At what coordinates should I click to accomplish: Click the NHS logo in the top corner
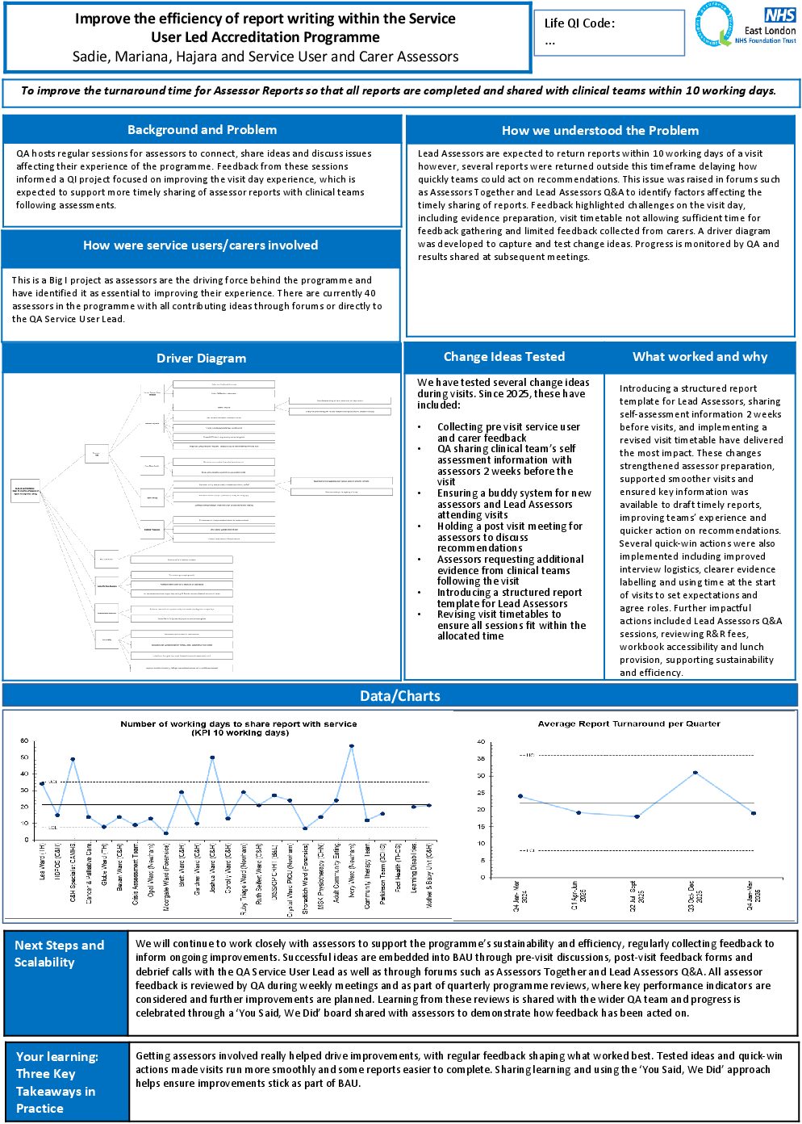(779, 15)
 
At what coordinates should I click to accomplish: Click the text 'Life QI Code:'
(579, 23)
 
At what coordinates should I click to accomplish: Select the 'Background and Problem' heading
(202, 130)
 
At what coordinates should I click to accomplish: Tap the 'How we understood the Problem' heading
(600, 131)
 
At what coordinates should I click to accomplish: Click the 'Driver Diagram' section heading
(201, 359)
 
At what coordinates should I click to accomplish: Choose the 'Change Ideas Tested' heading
(504, 357)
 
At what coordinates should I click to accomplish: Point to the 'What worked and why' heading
(700, 357)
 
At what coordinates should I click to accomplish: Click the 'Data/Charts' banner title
(400, 696)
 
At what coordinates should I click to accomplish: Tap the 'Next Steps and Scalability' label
(59, 954)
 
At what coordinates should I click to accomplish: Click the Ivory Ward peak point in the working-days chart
(352, 746)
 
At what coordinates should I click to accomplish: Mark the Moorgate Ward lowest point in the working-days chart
(166, 833)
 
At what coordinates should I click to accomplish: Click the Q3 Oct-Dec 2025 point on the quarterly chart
(695, 773)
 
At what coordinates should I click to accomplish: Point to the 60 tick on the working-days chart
(24, 741)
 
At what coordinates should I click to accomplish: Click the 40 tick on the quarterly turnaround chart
(481, 742)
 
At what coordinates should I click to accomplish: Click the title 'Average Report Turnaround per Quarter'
(629, 724)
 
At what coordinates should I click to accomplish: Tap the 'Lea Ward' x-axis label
(43, 861)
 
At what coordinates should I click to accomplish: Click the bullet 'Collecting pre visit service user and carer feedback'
(508, 433)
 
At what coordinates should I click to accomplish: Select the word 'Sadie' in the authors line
(90, 57)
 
